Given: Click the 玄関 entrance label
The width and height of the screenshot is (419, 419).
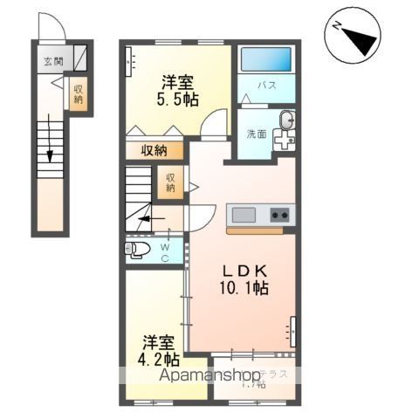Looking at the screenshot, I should (x=52, y=62).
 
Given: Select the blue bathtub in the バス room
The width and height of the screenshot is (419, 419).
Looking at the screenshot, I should (x=267, y=59).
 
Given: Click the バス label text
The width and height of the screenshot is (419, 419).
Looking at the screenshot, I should (x=267, y=86).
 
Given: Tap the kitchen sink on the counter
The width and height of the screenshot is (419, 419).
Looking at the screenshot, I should (x=244, y=215).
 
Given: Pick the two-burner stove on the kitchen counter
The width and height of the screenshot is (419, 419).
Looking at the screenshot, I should (x=279, y=215).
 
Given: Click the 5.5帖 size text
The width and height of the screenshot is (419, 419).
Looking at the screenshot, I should (x=177, y=100).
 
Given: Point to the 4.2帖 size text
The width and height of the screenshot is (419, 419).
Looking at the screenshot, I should (x=160, y=358).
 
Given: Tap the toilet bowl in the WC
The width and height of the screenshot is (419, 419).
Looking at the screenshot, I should (x=140, y=251).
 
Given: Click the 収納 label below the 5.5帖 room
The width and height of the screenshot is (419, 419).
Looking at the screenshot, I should (x=155, y=150).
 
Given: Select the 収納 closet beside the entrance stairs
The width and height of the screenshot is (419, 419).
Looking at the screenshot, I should (x=79, y=93).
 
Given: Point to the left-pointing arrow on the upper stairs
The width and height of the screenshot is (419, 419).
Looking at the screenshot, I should (x=145, y=219).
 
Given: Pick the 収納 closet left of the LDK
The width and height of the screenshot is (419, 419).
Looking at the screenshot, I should (x=170, y=182).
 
